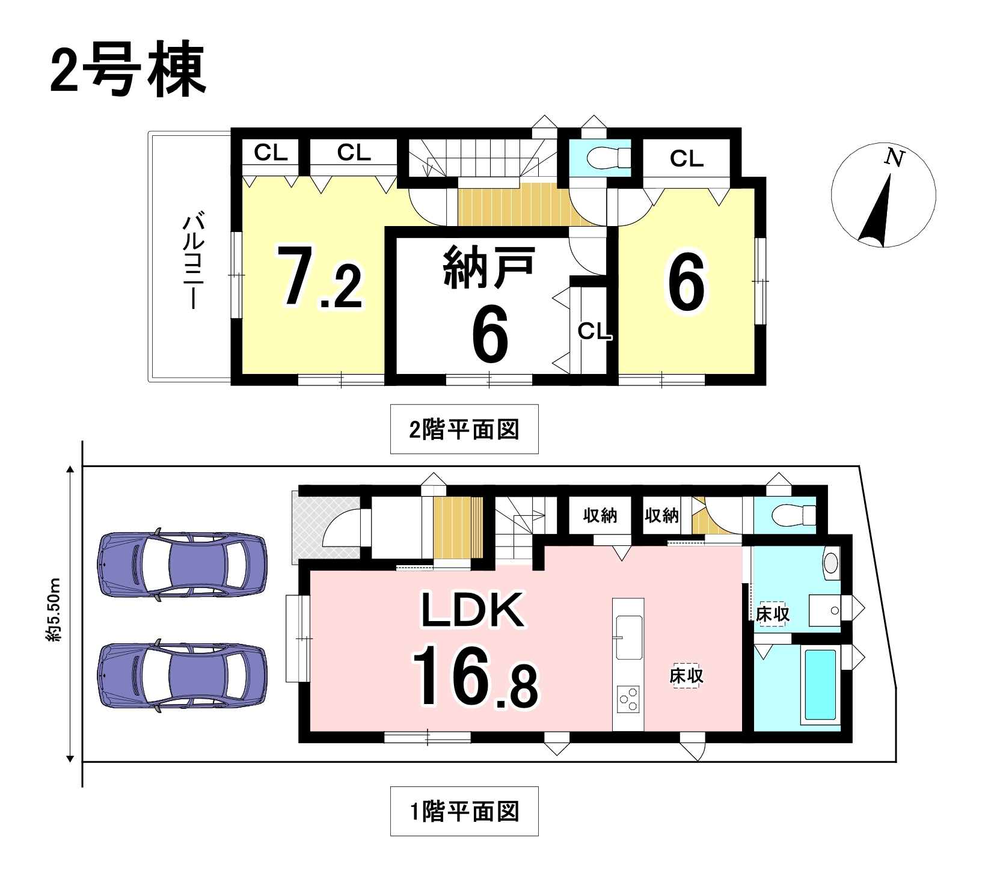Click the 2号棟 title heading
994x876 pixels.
coord(128,70)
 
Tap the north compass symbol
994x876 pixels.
coord(883,195)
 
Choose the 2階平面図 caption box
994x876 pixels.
coord(464,429)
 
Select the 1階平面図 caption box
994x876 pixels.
coord(464,811)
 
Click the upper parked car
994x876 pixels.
coord(182,565)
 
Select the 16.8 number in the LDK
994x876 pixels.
coord(475,676)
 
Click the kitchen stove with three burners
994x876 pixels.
coord(628,700)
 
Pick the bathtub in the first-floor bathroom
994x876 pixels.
coord(819,686)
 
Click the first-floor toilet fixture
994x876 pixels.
coord(793,515)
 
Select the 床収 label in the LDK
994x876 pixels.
coord(686,676)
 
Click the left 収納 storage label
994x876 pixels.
coord(600,515)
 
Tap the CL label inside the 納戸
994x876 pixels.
coord(595,330)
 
